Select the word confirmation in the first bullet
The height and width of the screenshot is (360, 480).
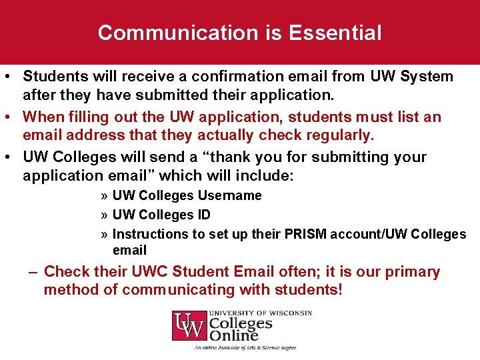pyautogui.click(x=226, y=77)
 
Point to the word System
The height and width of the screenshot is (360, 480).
pyautogui.click(x=427, y=77)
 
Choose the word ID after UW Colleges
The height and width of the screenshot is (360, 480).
pyautogui.click(x=203, y=215)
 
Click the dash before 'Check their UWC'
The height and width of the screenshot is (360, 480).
pyautogui.click(x=32, y=272)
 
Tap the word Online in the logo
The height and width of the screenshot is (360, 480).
pyautogui.click(x=234, y=335)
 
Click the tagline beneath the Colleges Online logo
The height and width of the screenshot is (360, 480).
pyautogui.click(x=245, y=347)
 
